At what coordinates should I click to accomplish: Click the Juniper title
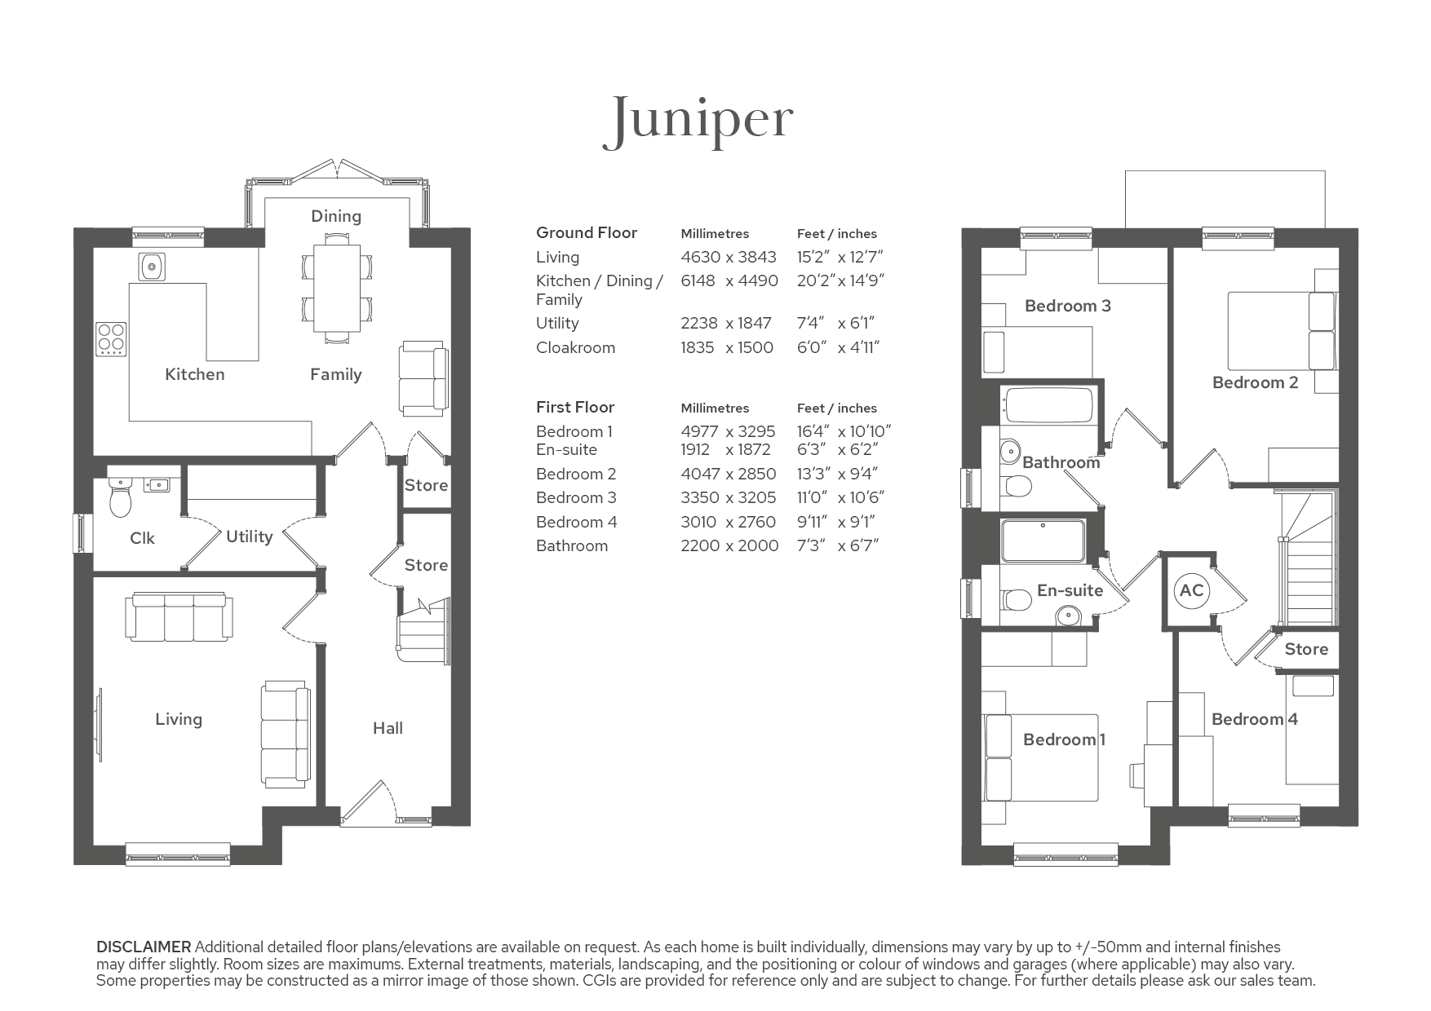698,121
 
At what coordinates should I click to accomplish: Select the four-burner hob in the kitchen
111,340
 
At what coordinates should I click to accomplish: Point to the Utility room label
249,536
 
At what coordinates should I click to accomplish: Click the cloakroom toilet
120,495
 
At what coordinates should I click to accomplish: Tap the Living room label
179,719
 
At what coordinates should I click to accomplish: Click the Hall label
388,728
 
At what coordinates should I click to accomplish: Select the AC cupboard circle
1191,589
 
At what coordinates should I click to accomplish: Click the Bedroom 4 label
1254,719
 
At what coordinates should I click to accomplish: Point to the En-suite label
1070,590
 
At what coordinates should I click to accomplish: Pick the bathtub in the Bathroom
1048,405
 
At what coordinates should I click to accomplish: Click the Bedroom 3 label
1067,306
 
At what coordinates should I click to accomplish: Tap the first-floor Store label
1306,649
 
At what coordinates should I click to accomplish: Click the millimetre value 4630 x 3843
729,257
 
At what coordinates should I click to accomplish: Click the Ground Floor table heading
587,232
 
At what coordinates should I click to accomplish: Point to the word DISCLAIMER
144,947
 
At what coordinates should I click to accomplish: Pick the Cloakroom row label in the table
575,347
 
